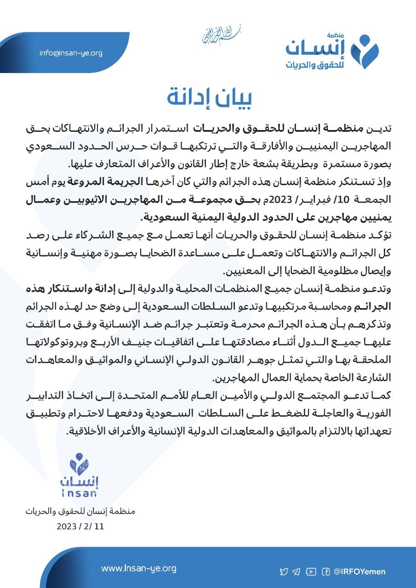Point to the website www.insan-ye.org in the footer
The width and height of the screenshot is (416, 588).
[x=139, y=568]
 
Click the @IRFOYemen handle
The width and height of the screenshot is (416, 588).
[x=360, y=571]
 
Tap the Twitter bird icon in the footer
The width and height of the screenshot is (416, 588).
[x=284, y=571]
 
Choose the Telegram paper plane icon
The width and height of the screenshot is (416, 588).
[x=297, y=571]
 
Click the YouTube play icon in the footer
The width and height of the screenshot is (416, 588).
[x=311, y=571]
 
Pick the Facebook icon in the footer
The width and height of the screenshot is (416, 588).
[x=325, y=571]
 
